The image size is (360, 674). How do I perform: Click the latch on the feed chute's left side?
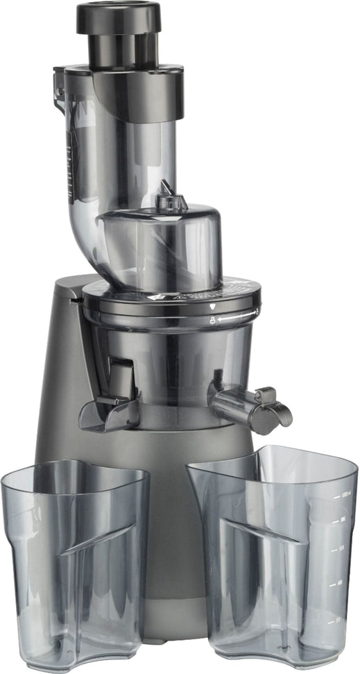pos(58,87)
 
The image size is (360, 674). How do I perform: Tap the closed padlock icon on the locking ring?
pos(213,319)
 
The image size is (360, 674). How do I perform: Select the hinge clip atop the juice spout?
pos(262,396)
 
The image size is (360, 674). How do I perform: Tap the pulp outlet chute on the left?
pos(111,410)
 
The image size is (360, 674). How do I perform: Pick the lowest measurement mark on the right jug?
pos(338,618)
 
